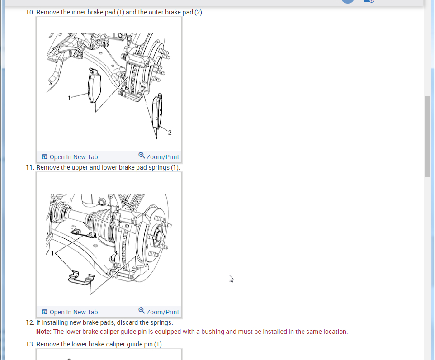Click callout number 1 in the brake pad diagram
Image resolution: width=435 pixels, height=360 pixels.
pyautogui.click(x=69, y=98)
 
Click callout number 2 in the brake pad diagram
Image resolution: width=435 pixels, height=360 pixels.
pyautogui.click(x=170, y=133)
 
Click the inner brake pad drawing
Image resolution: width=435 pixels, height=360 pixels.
pyautogui.click(x=95, y=85)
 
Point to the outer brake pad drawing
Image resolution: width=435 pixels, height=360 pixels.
pyautogui.click(x=157, y=112)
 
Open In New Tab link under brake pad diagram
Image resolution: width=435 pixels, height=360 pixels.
pyautogui.click(x=70, y=157)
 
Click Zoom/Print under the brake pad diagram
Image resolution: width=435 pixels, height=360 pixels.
pyautogui.click(x=159, y=156)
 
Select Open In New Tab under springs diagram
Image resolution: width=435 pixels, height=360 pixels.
pyautogui.click(x=70, y=312)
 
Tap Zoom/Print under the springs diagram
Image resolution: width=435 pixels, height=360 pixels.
pyautogui.click(x=159, y=312)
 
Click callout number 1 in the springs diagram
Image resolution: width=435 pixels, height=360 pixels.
pyautogui.click(x=52, y=253)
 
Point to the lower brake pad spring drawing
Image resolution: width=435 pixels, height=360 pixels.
pyautogui.click(x=81, y=279)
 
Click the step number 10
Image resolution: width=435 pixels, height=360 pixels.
pyautogui.click(x=30, y=13)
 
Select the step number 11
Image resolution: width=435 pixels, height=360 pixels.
pyautogui.click(x=30, y=168)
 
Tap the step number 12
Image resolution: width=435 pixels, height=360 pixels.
pyautogui.click(x=30, y=322)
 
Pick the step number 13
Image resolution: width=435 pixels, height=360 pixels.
pyautogui.click(x=30, y=344)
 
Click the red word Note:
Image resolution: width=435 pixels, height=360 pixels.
pyautogui.click(x=44, y=332)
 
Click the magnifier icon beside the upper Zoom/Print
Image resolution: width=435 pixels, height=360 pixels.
pyautogui.click(x=142, y=155)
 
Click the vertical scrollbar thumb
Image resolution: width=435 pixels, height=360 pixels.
pyautogui.click(x=427, y=136)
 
